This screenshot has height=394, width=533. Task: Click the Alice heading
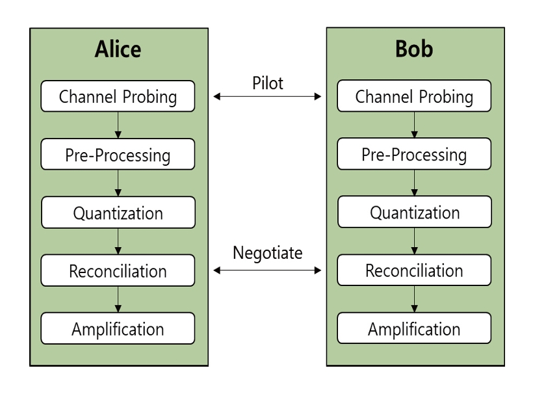pyautogui.click(x=118, y=49)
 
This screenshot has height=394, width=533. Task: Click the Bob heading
pyautogui.click(x=414, y=49)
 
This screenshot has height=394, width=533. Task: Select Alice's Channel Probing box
pyautogui.click(x=118, y=96)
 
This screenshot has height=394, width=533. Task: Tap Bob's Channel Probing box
pyautogui.click(x=414, y=96)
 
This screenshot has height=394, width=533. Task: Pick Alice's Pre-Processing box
pyautogui.click(x=118, y=154)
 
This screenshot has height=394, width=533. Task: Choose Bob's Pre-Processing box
pyautogui.click(x=414, y=153)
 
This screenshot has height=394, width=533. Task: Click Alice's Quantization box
pyautogui.click(x=118, y=212)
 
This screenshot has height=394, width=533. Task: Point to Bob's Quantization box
pyautogui.click(x=415, y=212)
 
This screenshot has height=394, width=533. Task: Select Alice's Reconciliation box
pyautogui.click(x=118, y=270)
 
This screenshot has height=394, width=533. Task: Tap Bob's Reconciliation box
pyautogui.click(x=414, y=270)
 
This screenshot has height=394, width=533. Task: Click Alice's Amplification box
pyautogui.click(x=118, y=328)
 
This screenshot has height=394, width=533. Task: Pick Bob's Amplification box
pyautogui.click(x=414, y=328)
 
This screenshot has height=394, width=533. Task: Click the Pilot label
pyautogui.click(x=268, y=83)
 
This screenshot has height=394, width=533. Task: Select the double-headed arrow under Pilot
pyautogui.click(x=267, y=96)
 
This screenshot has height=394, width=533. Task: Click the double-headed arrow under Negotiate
pyautogui.click(x=267, y=270)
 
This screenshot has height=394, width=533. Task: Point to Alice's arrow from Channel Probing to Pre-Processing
pyautogui.click(x=118, y=125)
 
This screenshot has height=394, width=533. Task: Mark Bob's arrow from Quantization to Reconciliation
pyautogui.click(x=414, y=241)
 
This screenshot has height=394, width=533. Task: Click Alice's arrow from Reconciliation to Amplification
pyautogui.click(x=118, y=299)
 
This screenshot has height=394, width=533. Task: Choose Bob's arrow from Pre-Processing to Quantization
pyautogui.click(x=414, y=183)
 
